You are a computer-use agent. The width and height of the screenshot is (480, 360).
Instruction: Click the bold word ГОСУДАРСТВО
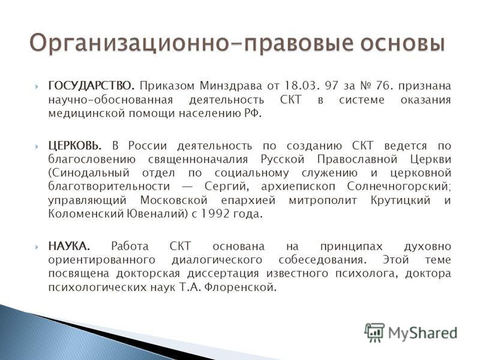pos(91,86)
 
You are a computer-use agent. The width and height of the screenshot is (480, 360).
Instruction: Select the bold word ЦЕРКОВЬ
pos(74,146)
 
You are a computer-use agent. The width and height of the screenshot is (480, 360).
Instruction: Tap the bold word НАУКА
pos(69,246)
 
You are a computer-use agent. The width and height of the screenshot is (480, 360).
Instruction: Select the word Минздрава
pos(231,86)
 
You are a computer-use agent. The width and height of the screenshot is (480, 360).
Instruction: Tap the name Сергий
pos(225,186)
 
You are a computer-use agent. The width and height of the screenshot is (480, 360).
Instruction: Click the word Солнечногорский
pos(399,186)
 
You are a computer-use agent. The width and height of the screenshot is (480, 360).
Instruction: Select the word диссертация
pos(223,274)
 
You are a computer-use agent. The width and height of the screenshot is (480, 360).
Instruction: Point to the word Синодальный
pos(89,173)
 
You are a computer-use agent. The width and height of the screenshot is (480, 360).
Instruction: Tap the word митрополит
pos(323,200)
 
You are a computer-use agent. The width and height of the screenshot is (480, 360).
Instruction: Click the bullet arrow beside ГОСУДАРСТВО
pos(37,86)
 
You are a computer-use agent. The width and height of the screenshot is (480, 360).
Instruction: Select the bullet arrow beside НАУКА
pos(37,247)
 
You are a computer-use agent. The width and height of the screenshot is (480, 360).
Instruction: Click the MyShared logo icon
pos(374,332)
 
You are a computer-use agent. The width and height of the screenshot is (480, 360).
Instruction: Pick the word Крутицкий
pos(400,200)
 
